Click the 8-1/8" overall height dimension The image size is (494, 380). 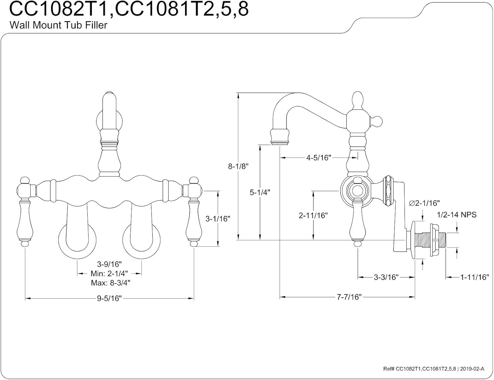point(238,166)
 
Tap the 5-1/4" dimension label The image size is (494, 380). point(260,192)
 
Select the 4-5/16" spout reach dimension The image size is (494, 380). point(318,158)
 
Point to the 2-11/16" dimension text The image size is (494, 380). point(313,216)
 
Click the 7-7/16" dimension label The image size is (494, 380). point(349,297)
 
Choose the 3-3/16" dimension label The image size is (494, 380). point(386,277)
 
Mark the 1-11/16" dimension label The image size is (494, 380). point(474,277)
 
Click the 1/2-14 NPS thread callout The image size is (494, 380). point(456,215)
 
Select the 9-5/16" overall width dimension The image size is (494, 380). point(109,299)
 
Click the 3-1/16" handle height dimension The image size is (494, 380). point(218,219)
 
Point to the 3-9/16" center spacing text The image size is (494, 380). point(109,264)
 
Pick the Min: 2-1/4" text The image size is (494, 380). point(109,274)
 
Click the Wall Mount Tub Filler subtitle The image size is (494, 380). point(58,25)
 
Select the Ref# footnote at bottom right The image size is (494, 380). point(433,369)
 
